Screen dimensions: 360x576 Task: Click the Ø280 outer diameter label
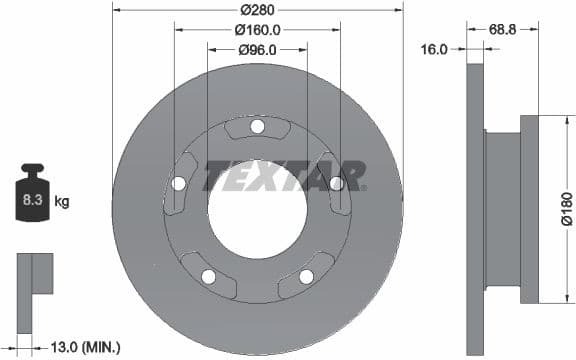[257, 11]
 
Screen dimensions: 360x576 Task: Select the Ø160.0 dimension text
[257, 30]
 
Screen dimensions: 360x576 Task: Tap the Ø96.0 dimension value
[257, 49]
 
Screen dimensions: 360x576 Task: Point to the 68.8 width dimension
[502, 30]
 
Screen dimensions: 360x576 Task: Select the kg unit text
[62, 202]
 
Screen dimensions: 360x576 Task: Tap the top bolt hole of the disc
[257, 126]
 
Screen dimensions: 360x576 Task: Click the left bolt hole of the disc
[179, 183]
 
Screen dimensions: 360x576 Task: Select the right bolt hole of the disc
[336, 183]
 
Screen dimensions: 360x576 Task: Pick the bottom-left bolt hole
[208, 276]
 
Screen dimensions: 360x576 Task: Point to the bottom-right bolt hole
[306, 276]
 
